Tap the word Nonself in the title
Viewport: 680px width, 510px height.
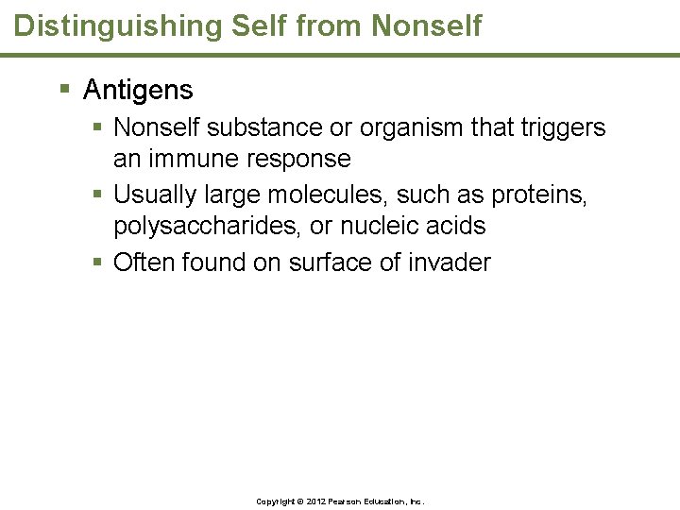426,25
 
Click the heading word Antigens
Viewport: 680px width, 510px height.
138,91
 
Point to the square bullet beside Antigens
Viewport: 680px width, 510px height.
64,91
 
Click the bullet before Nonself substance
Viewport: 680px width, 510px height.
98,127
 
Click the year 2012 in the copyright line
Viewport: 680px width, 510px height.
311,501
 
